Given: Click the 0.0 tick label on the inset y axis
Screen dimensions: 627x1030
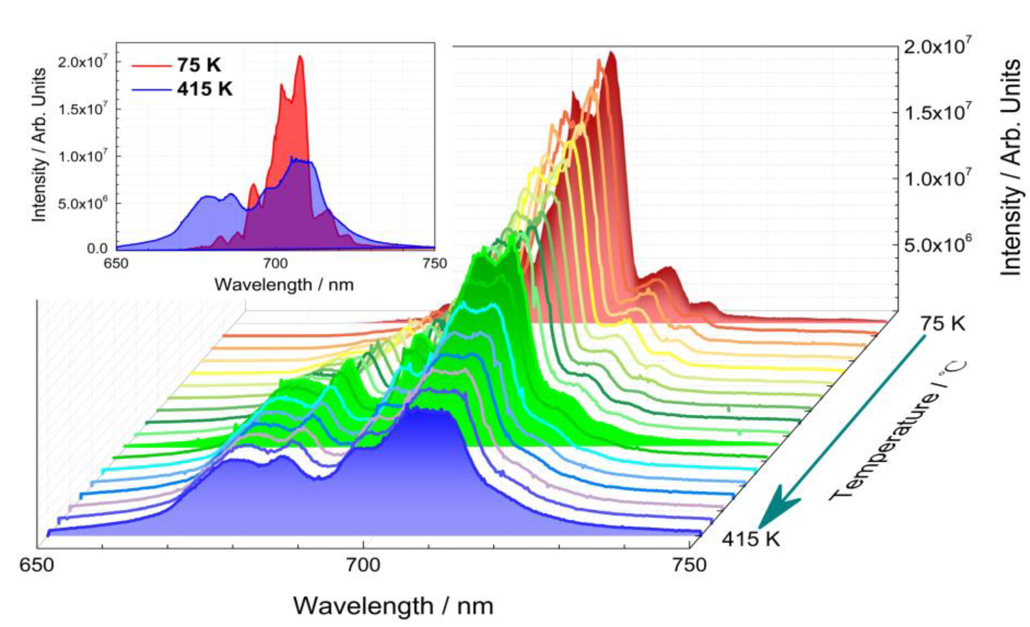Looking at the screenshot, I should (x=97, y=248).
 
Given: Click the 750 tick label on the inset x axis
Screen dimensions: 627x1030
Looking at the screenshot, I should (x=435, y=264).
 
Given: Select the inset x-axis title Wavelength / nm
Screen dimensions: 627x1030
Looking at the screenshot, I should (x=284, y=285).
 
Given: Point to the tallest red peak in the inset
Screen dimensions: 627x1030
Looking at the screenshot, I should (x=300, y=57).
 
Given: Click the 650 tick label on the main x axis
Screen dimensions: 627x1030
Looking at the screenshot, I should (x=37, y=565).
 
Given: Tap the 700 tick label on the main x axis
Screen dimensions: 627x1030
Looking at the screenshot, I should (x=363, y=565).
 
